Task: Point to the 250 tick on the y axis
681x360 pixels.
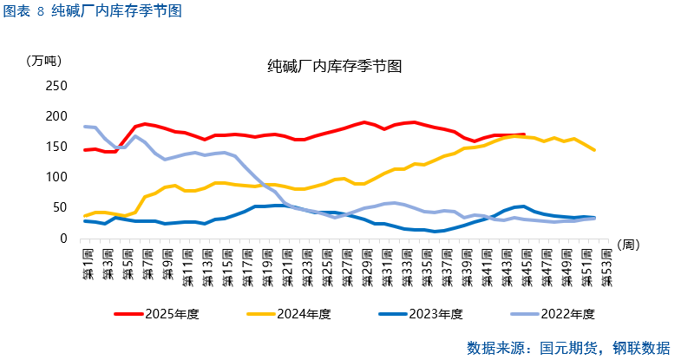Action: [56, 86]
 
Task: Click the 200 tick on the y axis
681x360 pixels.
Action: [56, 116]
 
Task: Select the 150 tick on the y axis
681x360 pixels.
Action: [56, 147]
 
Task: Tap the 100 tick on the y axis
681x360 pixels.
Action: [56, 177]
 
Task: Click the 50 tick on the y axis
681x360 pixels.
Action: [59, 208]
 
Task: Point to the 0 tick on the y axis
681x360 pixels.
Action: [62, 239]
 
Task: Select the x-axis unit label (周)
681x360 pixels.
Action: [630, 245]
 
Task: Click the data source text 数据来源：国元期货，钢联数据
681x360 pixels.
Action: [567, 347]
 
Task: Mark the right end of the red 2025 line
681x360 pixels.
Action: [523, 134]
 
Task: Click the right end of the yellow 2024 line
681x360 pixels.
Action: [595, 150]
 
